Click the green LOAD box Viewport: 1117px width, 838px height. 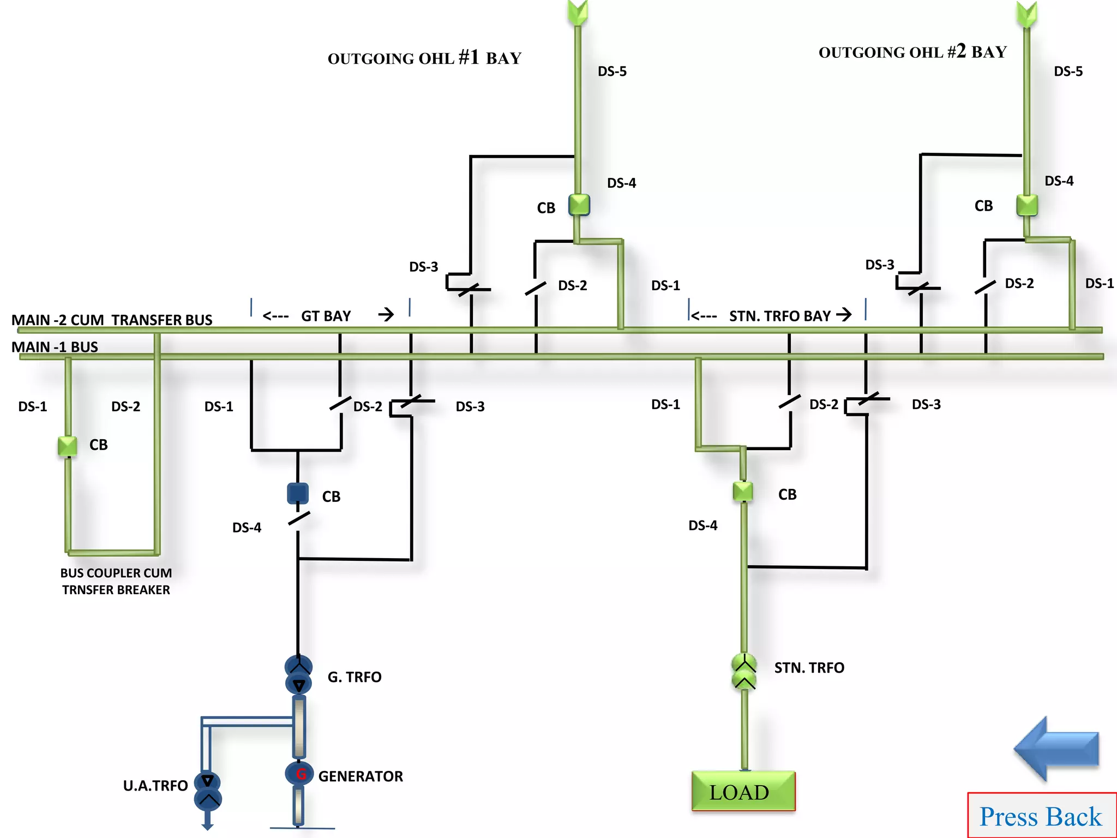pos(743,791)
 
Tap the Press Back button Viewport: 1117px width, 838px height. pos(1041,816)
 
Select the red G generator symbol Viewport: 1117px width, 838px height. pos(299,773)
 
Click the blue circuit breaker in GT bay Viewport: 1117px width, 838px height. pos(298,493)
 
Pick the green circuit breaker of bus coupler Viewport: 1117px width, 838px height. pos(68,446)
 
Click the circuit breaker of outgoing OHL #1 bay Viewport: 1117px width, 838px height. pos(579,205)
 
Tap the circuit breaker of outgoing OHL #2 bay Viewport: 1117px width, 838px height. pos(1026,206)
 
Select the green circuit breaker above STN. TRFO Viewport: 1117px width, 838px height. pos(743,492)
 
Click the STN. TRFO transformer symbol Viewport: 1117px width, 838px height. pos(744,672)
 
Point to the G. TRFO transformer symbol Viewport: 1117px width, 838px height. pos(298,675)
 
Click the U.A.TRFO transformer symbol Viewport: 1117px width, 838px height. pos(208,791)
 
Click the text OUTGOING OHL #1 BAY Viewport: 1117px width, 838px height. pos(424,58)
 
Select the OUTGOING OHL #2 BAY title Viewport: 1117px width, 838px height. pos(912,52)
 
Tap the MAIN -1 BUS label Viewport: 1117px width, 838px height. pos(55,347)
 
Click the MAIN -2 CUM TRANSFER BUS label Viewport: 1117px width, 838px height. pos(112,320)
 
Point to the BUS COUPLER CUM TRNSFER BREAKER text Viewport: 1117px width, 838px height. pos(116,581)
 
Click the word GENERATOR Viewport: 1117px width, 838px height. pos(361,776)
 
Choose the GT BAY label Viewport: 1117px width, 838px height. pos(326,316)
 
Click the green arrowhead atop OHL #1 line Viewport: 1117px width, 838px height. pos(578,13)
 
